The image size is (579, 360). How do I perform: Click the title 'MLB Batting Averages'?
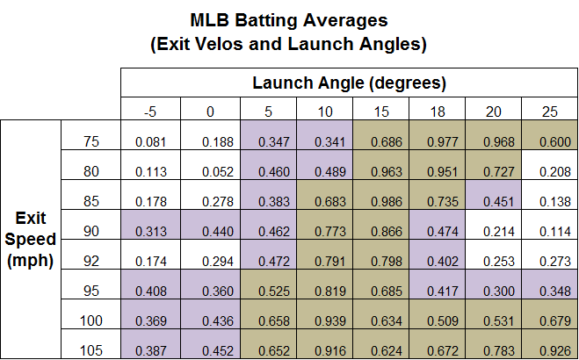pos(289,19)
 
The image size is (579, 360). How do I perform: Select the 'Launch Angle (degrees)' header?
pos(350,84)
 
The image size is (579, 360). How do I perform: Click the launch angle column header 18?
pos(436,111)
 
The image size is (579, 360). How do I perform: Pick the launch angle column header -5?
pos(151,111)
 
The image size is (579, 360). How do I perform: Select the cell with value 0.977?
pos(436,140)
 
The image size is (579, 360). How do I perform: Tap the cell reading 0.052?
pos(209,172)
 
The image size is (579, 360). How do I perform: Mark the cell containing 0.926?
pos(550,351)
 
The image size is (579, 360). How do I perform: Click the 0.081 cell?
pos(151,140)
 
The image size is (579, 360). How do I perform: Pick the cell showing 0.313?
pos(151,232)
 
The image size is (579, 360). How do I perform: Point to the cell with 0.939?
pos(323,321)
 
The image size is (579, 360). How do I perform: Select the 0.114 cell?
pos(550,232)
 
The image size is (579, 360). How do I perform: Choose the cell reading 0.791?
pos(323,261)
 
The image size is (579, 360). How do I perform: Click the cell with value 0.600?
pos(550,140)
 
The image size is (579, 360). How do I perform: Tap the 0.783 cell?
pos(493,351)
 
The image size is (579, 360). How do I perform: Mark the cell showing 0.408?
pos(151,291)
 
